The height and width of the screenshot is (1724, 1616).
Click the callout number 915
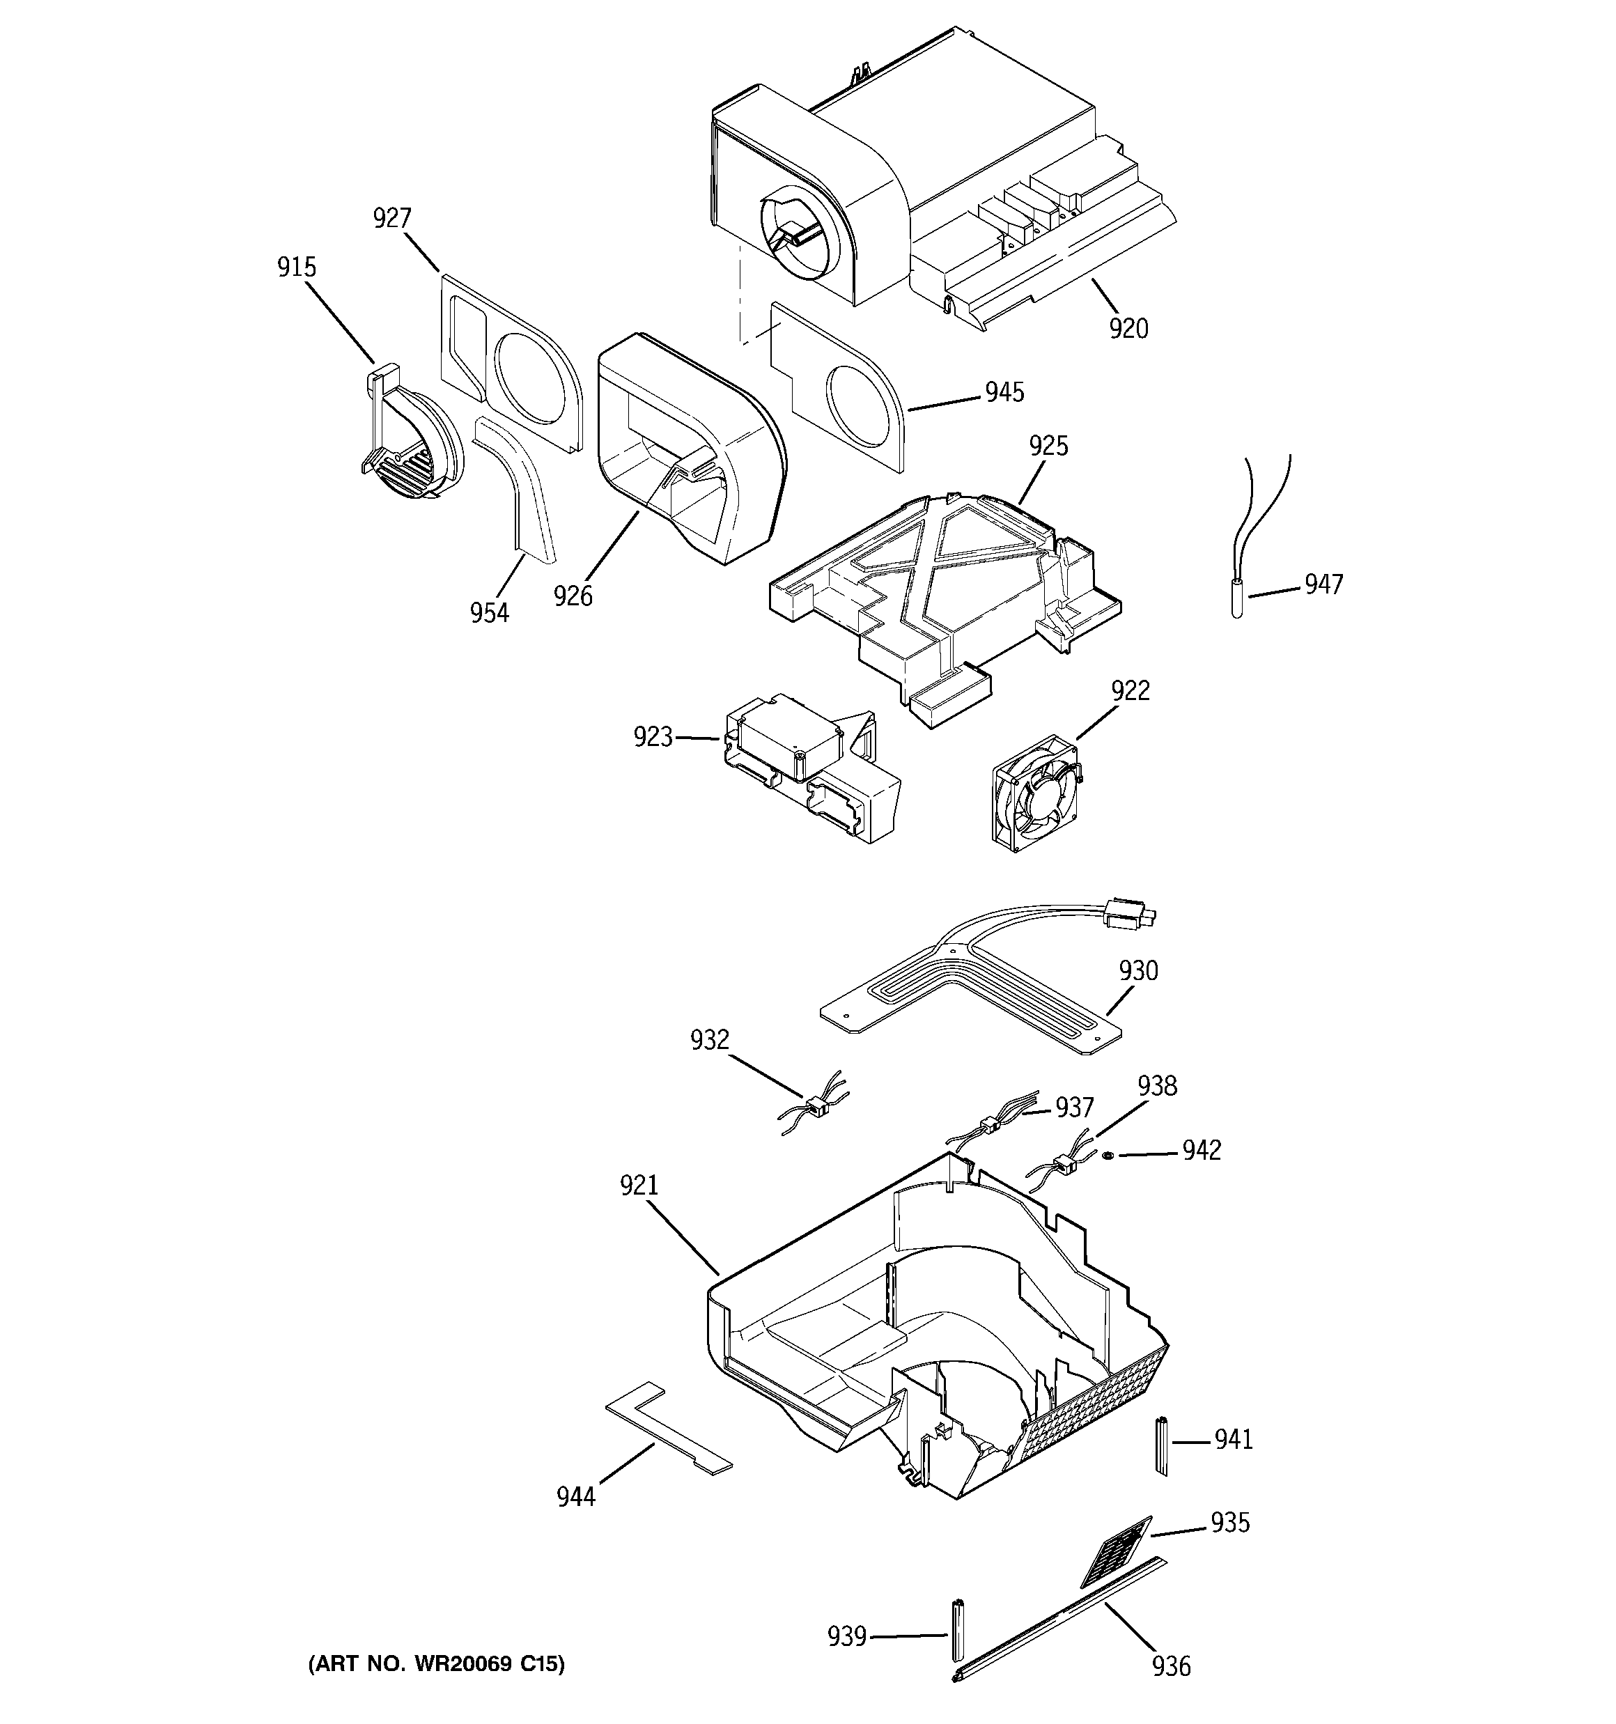297,268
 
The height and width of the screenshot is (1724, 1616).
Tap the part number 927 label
392,219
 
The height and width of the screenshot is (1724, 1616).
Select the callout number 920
1128,329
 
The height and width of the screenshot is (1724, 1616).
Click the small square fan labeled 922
1037,793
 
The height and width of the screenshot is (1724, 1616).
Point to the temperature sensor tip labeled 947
1237,601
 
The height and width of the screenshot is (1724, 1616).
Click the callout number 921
639,1186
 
